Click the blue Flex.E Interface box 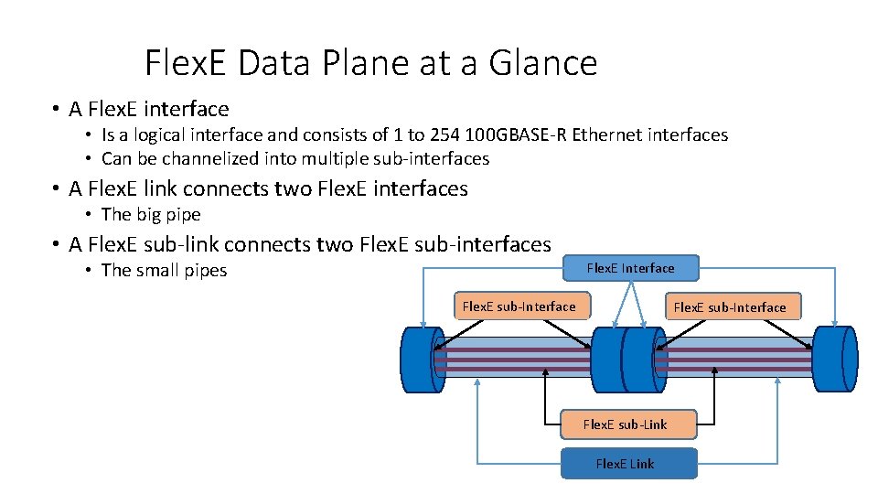coord(630,268)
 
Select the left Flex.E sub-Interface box coord(520,306)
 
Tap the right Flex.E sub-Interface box coord(730,307)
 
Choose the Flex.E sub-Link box coord(626,424)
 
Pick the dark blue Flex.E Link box coord(626,464)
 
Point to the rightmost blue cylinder coord(834,360)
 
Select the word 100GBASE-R coord(516,135)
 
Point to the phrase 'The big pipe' coord(151,215)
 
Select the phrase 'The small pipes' coord(164,271)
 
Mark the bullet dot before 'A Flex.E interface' coord(57,110)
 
